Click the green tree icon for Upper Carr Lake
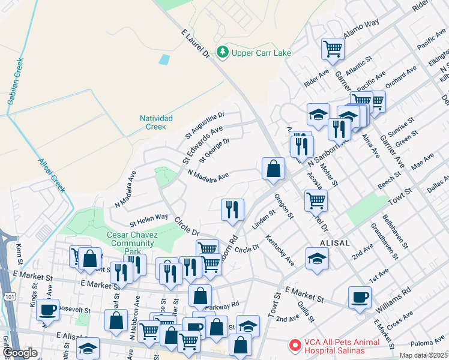pos(223,53)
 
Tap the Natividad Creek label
pos(156,122)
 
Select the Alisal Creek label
pos(50,174)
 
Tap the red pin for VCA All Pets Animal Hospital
pos(295,346)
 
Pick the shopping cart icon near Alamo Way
pos(333,49)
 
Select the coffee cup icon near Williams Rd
pos(360,298)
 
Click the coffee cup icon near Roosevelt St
pos(47,310)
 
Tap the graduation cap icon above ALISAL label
pos(318,259)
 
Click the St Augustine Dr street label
pos(204,122)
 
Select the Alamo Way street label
pos(361,29)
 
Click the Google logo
pos(20,353)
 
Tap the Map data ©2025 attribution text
pos(424,355)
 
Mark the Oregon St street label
pos(284,206)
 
